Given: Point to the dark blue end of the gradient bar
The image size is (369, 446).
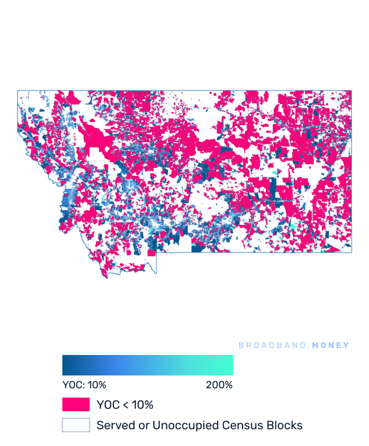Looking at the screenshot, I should tap(65, 365).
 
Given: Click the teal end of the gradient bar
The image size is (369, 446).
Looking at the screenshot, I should tap(230, 365).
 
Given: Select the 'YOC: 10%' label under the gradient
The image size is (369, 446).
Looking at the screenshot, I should tap(84, 385).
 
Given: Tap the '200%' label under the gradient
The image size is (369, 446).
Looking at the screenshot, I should tap(219, 385).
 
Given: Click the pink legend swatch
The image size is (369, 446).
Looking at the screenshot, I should tap(76, 404).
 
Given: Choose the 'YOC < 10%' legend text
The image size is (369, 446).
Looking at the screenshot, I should tap(125, 405).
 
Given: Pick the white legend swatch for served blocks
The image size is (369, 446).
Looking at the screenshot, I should tap(76, 425).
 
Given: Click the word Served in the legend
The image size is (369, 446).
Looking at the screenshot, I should tap(114, 425).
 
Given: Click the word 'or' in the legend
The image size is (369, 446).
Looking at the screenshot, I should tap(141, 426).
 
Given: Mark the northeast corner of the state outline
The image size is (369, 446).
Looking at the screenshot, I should tap(351, 90).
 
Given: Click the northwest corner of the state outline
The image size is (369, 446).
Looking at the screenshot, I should tap(18, 90).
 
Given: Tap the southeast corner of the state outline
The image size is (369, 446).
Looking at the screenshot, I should tap(351, 252).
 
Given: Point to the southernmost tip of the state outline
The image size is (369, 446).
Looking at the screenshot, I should tap(106, 278).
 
